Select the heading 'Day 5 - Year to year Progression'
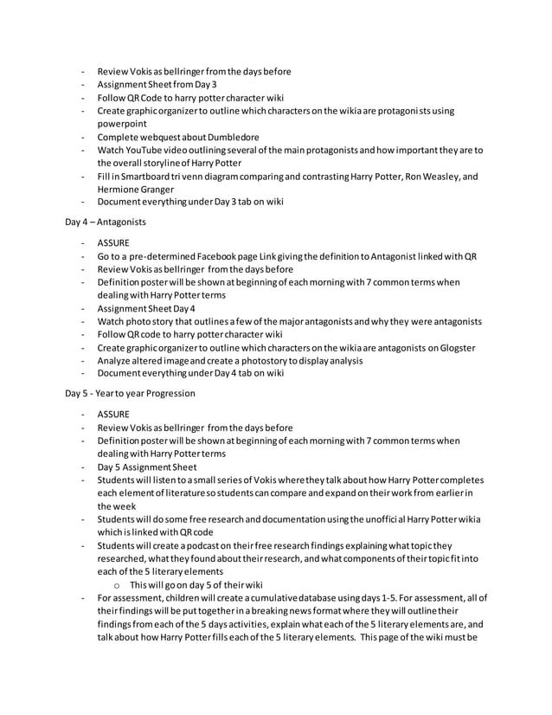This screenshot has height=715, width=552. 131,393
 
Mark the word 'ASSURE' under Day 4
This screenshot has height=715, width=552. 113,243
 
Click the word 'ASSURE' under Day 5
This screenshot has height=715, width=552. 113,415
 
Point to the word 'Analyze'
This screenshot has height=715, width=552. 117,360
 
